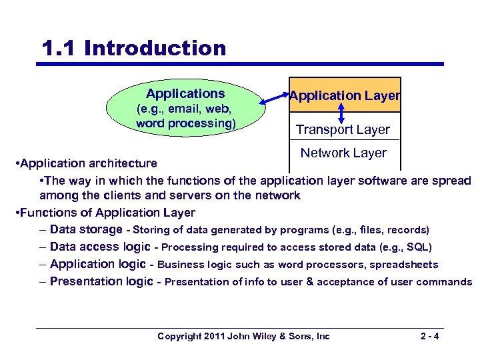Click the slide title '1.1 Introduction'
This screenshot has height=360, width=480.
(x=133, y=48)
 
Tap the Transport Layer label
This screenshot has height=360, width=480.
(x=343, y=129)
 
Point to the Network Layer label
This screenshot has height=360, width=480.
(x=343, y=153)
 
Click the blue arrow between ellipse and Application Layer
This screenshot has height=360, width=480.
(x=273, y=97)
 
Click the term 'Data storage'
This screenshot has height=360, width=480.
(x=86, y=229)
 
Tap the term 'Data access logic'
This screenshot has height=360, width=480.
(x=100, y=247)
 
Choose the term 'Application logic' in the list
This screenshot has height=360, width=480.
(x=101, y=264)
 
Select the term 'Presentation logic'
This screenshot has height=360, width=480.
(x=101, y=281)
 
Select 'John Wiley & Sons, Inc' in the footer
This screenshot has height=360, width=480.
(x=278, y=336)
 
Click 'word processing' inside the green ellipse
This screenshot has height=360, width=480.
(x=185, y=124)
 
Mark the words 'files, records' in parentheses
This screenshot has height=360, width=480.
(x=393, y=230)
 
